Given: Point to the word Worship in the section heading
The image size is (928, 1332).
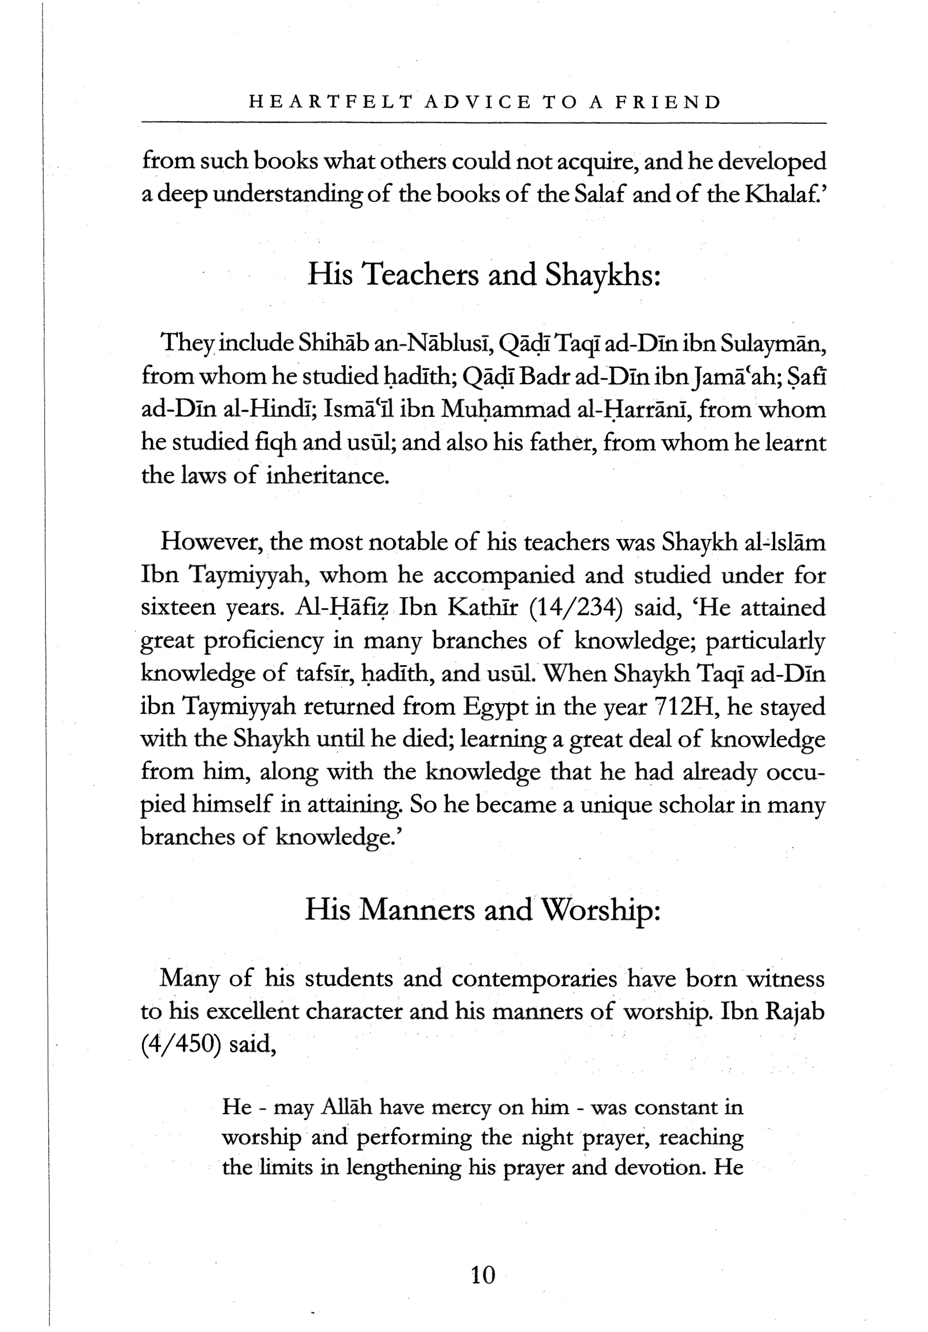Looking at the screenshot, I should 599,910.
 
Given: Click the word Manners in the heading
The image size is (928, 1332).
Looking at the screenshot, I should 415,910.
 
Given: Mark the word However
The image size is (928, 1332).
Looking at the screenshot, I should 213,542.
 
